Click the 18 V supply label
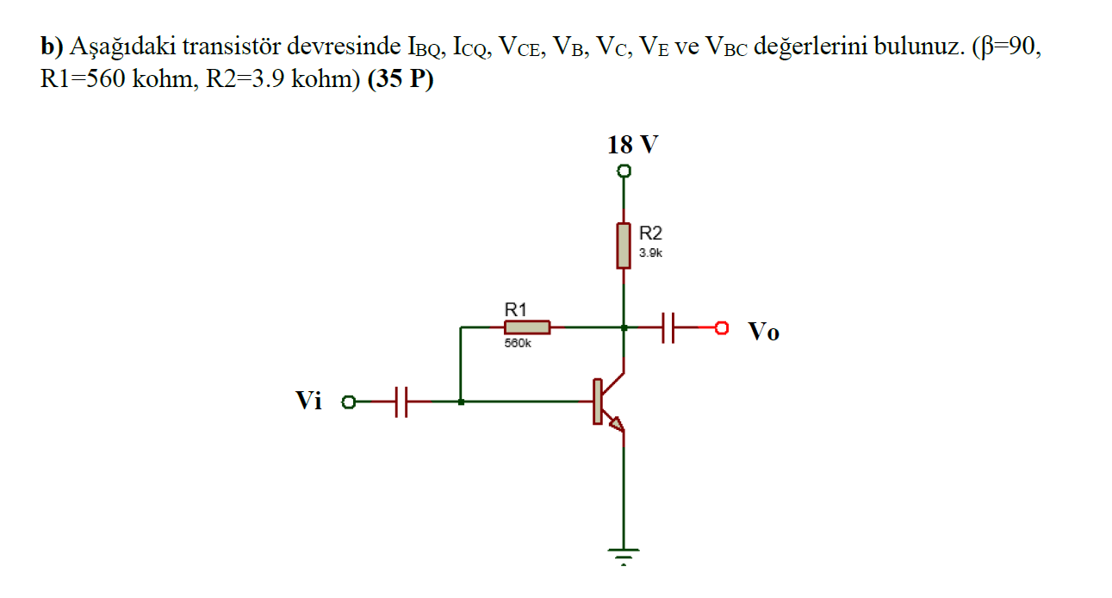(632, 145)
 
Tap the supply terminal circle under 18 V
(624, 171)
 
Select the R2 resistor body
(624, 246)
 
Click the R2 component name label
(651, 233)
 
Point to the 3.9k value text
(650, 253)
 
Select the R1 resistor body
(526, 327)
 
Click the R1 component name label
(515, 309)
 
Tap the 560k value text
(518, 343)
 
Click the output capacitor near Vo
(668, 327)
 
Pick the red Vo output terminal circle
(722, 327)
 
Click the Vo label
(763, 332)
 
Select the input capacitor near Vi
(401, 402)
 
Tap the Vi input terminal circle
(349, 402)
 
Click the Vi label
(309, 401)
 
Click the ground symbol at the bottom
(623, 554)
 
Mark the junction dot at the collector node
(624, 327)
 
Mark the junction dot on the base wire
(462, 402)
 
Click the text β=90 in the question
(1006, 47)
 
